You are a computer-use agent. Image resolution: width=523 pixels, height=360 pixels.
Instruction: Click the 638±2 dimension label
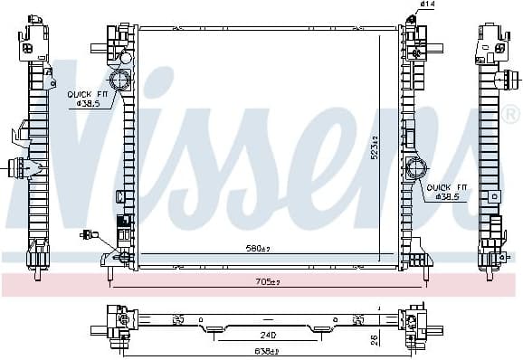click(264, 351)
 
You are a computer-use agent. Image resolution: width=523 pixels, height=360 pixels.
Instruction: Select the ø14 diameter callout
click(429, 5)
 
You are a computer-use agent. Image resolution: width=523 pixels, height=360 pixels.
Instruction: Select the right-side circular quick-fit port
click(417, 168)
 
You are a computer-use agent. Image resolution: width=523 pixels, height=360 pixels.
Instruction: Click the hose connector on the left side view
click(19, 166)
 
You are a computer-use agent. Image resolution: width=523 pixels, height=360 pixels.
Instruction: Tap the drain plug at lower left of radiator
click(90, 235)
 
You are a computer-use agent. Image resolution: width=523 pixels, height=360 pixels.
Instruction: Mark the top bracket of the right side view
click(494, 41)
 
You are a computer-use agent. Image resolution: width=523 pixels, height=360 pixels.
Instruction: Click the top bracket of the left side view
click(34, 38)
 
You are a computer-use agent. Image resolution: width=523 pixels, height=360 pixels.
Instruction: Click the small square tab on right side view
click(493, 195)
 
